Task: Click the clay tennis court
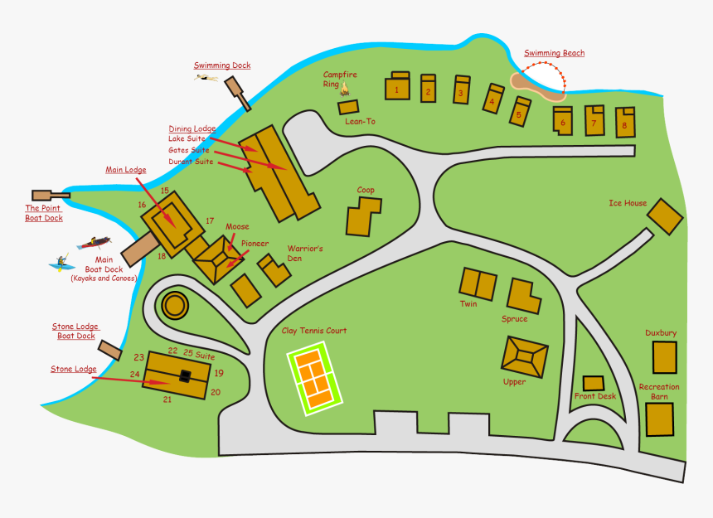(315, 379)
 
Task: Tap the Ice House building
(665, 216)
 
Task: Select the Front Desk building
(593, 383)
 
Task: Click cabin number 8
(624, 123)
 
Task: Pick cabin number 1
(397, 88)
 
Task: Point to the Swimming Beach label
(554, 53)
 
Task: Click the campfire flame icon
(345, 88)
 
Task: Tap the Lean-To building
(349, 107)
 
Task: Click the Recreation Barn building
(660, 419)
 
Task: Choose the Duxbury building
(664, 357)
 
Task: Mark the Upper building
(524, 356)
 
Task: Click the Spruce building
(522, 295)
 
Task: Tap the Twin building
(478, 283)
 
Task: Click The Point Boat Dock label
(44, 213)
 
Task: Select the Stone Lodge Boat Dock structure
(110, 351)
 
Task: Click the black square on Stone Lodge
(186, 376)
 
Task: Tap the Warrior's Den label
(305, 254)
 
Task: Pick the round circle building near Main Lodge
(175, 306)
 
